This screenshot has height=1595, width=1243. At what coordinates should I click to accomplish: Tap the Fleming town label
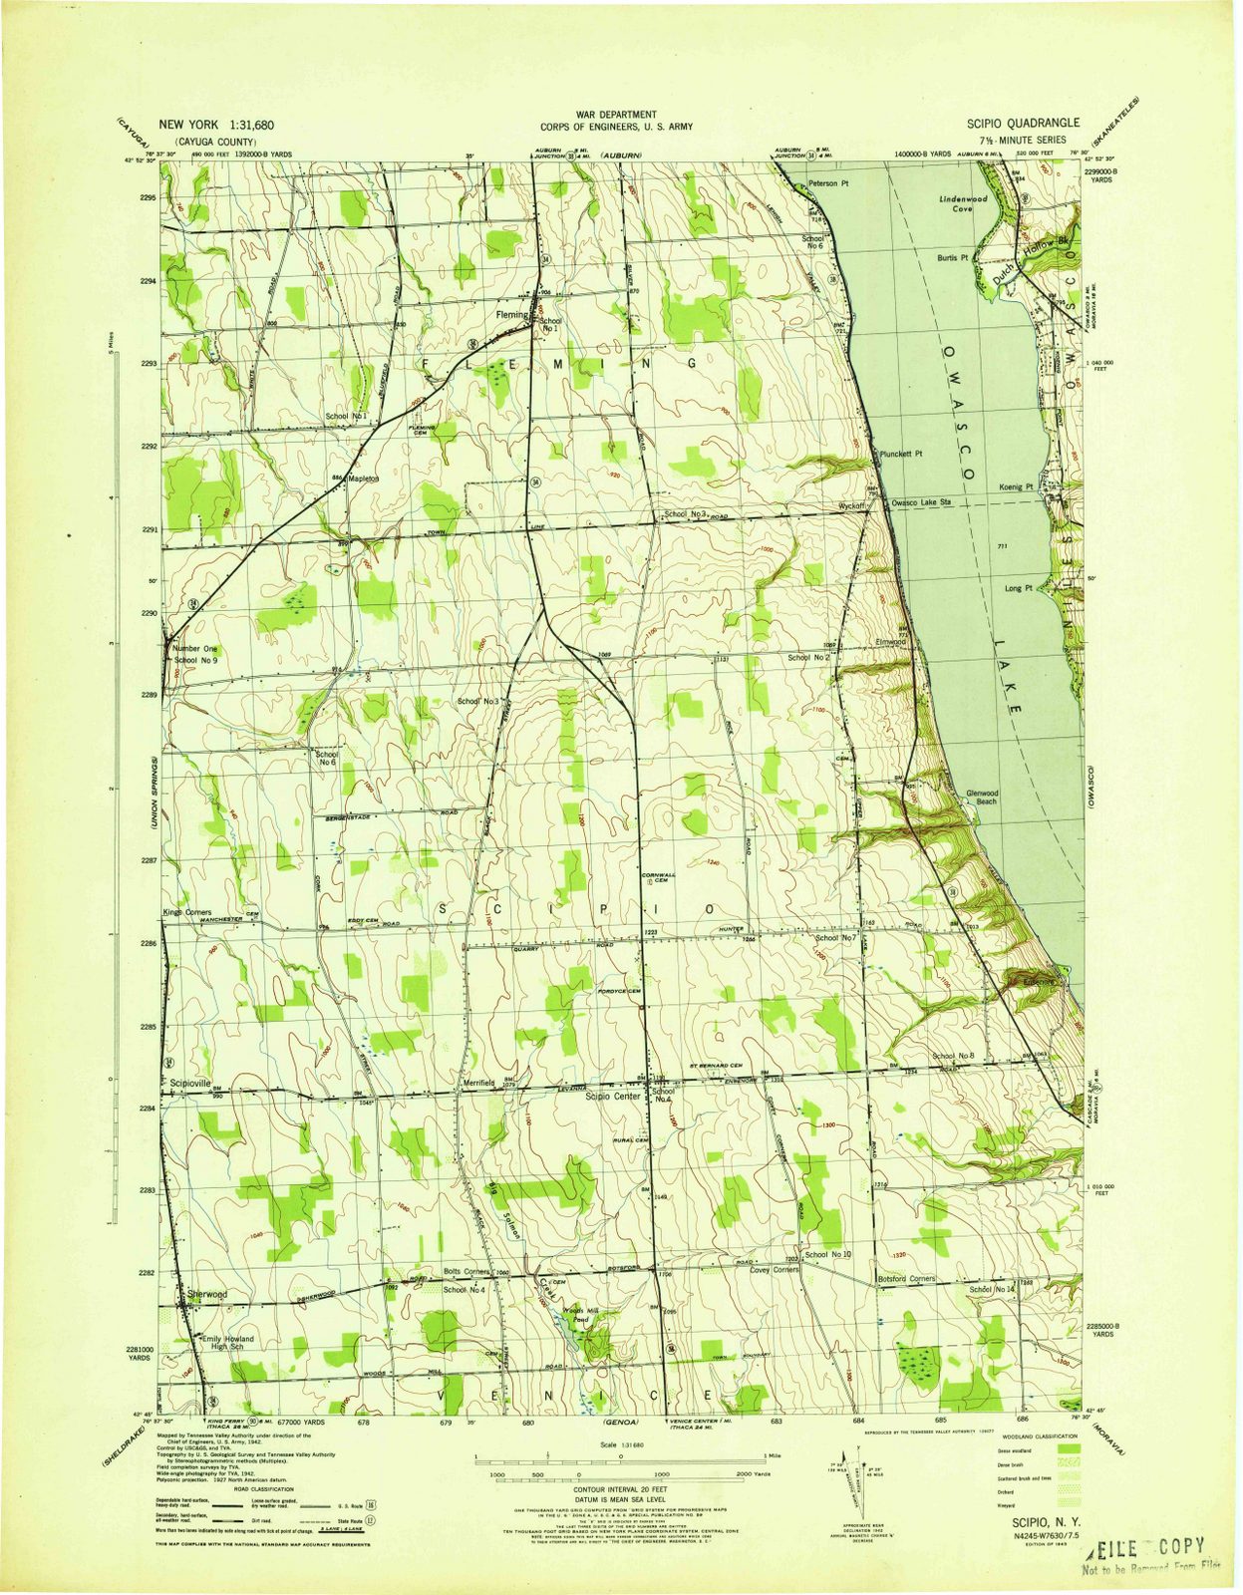coord(511,315)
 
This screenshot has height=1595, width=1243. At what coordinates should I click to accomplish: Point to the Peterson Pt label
coord(828,184)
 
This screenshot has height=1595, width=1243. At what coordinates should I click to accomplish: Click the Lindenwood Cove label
coord(963,204)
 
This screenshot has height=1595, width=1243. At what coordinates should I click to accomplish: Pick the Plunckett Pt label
coord(901,454)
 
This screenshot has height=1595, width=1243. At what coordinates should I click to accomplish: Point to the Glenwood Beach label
coord(982,797)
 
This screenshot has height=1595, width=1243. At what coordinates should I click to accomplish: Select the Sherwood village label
coord(207,1294)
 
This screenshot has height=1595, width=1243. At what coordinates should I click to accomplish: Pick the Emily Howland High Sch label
coord(228,1344)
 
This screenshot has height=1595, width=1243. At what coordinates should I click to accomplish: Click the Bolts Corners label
coord(466,1273)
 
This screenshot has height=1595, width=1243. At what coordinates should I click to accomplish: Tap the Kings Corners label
coord(187,912)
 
